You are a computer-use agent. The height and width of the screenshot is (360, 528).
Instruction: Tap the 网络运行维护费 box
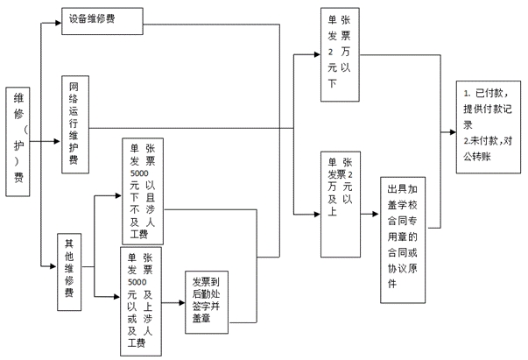point(74,124)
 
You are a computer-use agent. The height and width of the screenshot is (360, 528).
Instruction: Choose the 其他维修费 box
point(69,272)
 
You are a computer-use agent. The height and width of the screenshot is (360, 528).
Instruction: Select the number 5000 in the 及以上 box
point(137,282)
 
